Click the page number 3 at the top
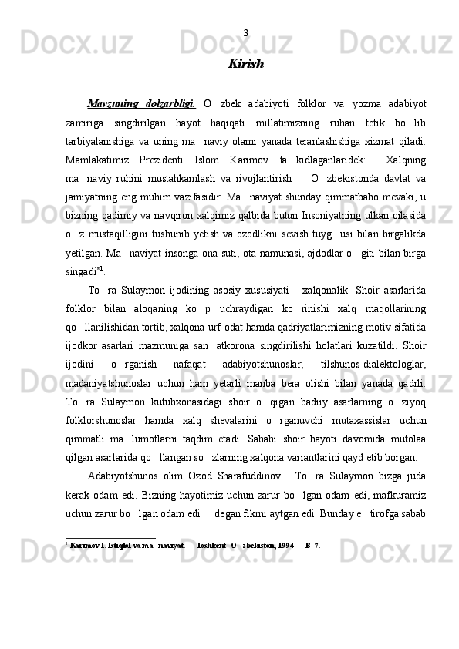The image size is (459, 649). click(x=245, y=33)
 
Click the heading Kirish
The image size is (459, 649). click(x=245, y=64)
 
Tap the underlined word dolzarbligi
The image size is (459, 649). click(x=170, y=105)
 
